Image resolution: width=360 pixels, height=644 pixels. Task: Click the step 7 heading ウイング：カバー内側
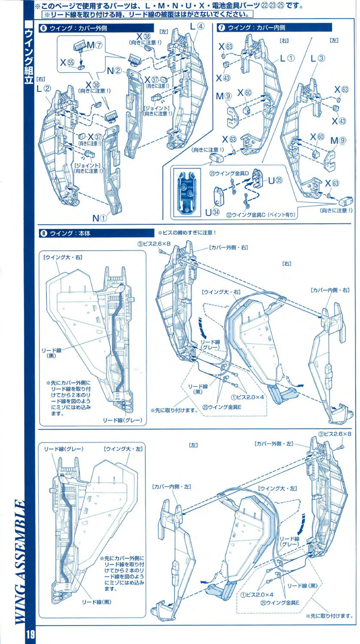[257, 28]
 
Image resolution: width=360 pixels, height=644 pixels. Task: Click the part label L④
[198, 27]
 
